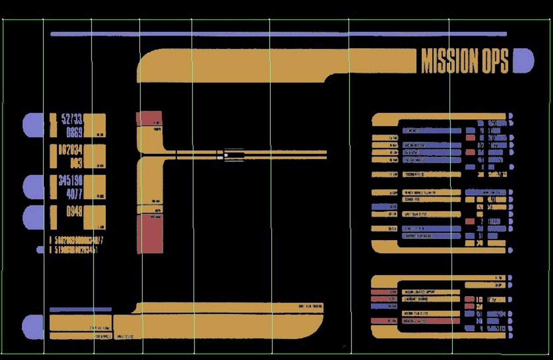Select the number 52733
point(72,119)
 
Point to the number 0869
point(74,132)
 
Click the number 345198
point(70,181)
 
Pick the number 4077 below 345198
point(74,194)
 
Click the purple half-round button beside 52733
point(33,125)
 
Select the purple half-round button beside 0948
point(33,217)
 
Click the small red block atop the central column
point(149,118)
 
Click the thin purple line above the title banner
point(279,34)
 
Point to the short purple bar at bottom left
point(80,310)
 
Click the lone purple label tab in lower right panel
point(384,306)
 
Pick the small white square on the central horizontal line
point(226,155)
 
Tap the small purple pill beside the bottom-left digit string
point(40,250)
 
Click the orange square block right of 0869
point(94,125)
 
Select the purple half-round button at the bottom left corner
point(32,327)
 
